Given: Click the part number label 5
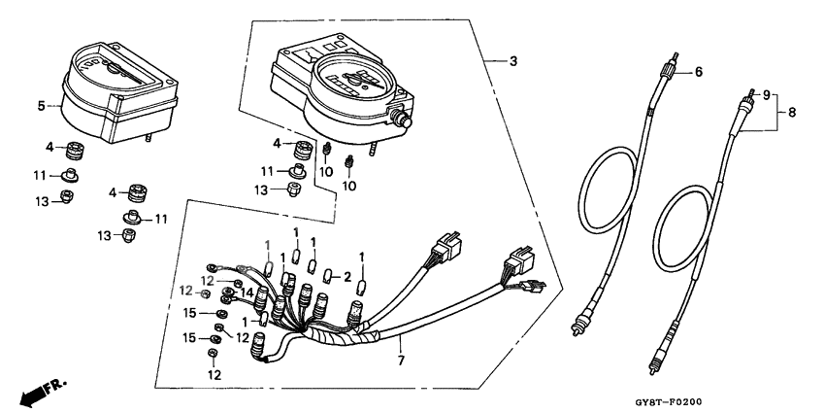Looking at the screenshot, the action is click(x=41, y=106).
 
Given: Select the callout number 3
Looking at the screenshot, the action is click(x=513, y=61).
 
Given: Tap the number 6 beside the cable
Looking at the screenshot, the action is click(x=698, y=72).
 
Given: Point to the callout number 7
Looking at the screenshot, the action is click(x=401, y=361).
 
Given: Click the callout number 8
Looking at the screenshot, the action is click(x=792, y=112).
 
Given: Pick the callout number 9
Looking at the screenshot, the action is click(x=766, y=95).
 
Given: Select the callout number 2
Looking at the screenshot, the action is click(x=346, y=277).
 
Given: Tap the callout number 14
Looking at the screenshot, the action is click(x=247, y=292).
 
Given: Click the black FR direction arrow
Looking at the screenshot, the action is click(x=33, y=396).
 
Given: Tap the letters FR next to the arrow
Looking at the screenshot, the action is click(x=55, y=386).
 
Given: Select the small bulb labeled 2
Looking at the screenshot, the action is click(x=327, y=276).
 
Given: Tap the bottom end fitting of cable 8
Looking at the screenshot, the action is click(x=654, y=363).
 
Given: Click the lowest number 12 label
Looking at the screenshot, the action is click(x=214, y=375).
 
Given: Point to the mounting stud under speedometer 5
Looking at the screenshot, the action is click(x=148, y=137).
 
